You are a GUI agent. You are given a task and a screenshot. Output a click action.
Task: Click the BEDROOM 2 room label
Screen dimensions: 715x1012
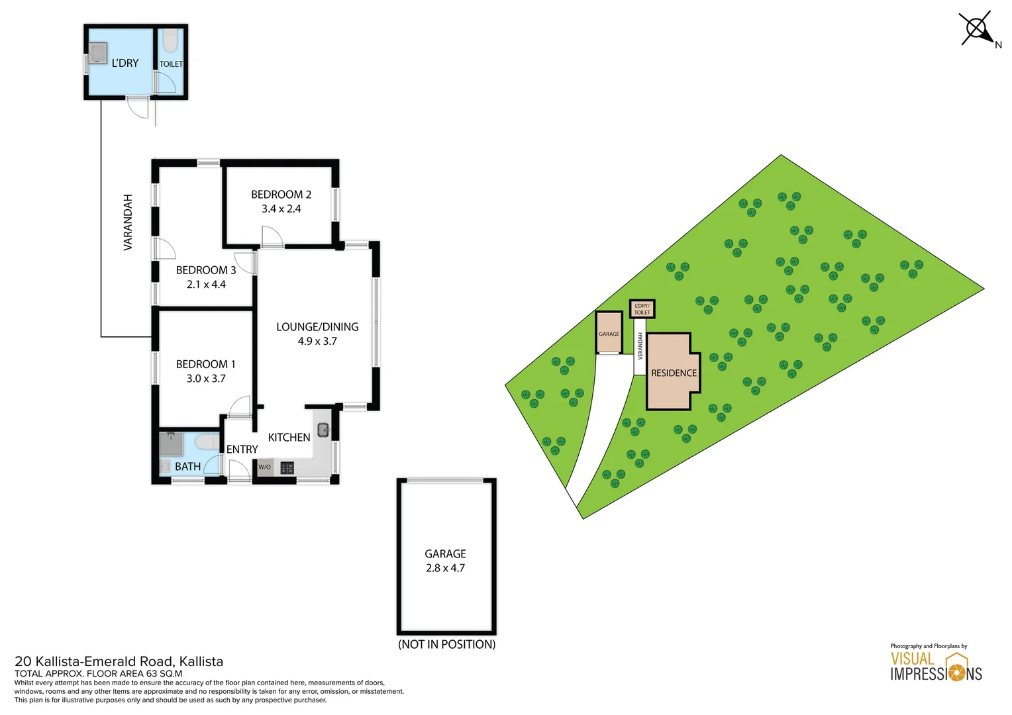[281, 195]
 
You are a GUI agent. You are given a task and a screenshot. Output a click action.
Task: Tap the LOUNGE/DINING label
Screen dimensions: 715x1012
[317, 327]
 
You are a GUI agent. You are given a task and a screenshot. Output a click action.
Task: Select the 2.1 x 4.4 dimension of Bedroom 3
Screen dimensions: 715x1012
[206, 285]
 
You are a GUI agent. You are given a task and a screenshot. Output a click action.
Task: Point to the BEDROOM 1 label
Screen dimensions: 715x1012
[206, 364]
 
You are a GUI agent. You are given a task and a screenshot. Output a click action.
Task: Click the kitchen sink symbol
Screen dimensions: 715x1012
[323, 430]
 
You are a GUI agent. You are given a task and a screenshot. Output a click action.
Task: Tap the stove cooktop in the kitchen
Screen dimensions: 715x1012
[287, 468]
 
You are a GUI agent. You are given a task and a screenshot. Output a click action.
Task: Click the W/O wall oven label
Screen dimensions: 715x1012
[264, 467]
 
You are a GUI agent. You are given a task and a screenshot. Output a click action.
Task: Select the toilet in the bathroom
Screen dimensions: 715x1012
[207, 442]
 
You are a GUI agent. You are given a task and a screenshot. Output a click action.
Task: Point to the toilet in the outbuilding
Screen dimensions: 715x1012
[170, 42]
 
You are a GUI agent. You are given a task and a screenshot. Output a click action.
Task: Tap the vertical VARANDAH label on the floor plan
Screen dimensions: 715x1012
[128, 222]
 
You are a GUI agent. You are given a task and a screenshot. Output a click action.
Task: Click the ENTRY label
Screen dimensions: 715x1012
[242, 450]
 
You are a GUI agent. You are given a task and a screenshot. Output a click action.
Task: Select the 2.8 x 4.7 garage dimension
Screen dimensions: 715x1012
[445, 568]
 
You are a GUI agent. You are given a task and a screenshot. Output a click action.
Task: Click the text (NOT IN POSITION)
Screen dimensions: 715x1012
[446, 644]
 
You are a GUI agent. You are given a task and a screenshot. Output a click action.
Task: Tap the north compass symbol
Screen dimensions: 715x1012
[978, 28]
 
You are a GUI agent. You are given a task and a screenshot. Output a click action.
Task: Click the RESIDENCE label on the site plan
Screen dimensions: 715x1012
[674, 373]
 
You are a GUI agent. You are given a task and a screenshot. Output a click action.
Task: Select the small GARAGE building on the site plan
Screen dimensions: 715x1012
[609, 333]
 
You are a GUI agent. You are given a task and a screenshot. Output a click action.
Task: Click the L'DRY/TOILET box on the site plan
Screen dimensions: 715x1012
[642, 309]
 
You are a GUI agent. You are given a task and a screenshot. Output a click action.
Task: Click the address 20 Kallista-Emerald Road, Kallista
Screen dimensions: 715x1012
[119, 661]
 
